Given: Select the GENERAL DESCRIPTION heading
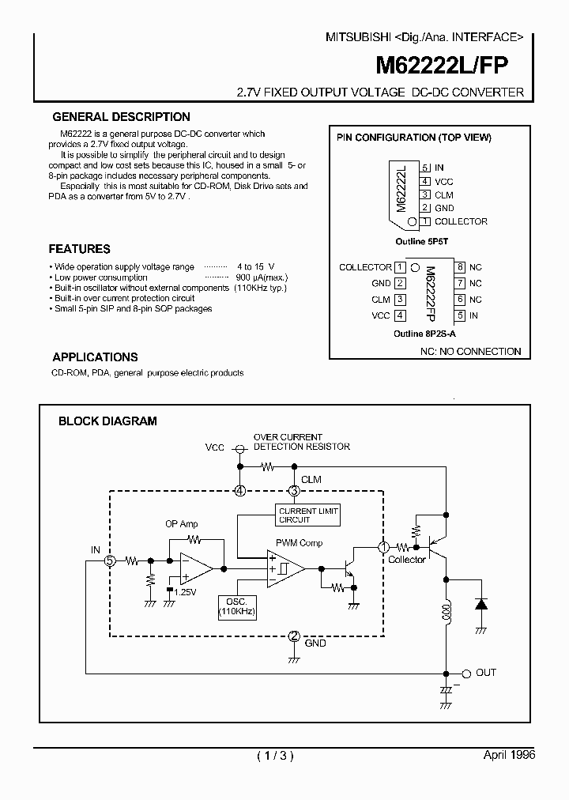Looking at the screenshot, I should tap(121, 117).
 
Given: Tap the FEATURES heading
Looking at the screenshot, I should tap(80, 248).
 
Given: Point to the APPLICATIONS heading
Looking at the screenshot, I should tap(95, 357).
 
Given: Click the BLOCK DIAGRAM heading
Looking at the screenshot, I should tap(107, 421).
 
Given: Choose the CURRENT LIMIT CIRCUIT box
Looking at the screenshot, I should tap(308, 515).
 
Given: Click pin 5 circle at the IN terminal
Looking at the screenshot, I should tap(111, 560).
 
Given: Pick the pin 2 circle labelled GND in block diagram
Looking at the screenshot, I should tap(294, 636).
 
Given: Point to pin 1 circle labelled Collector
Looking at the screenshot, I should tap(384, 546).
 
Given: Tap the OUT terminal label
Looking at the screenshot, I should tap(486, 672).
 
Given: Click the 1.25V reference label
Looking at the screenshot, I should tap(185, 591).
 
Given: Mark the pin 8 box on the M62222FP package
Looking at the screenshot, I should tap(460, 267).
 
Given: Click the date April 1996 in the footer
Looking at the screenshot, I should tap(509, 755).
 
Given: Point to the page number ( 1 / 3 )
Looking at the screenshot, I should tap(275, 756).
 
